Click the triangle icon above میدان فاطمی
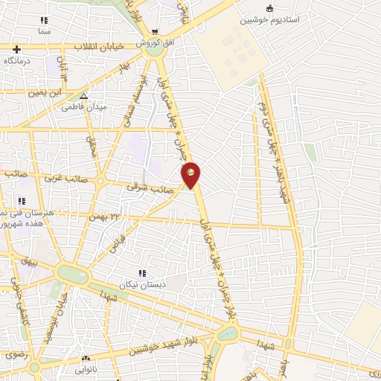pyautogui.click(x=83, y=96)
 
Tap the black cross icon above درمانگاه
pyautogui.click(x=16, y=50)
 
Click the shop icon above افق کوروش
pyautogui.click(x=154, y=32)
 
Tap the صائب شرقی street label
pyautogui.click(x=153, y=189)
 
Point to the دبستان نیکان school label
pyautogui.click(x=141, y=285)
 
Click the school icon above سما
pyautogui.click(x=45, y=20)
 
